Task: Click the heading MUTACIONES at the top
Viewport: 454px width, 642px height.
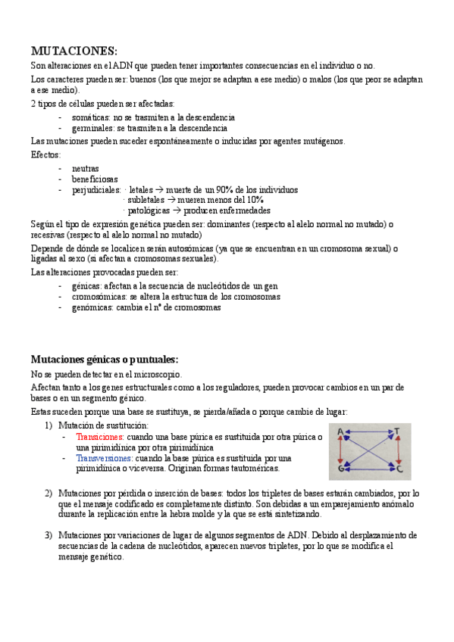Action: point(74,51)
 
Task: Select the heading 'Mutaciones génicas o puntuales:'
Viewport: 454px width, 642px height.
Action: point(104,359)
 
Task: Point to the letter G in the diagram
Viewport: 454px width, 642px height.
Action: point(341,469)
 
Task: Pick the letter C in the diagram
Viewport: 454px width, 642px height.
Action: point(399,469)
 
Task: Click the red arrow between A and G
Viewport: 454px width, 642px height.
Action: point(340,451)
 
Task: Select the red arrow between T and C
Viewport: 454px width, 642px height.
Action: point(399,451)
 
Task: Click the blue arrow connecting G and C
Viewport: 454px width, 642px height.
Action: point(370,470)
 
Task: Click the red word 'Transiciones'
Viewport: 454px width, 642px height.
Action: point(99,437)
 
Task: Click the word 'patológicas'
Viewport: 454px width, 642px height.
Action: point(149,210)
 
